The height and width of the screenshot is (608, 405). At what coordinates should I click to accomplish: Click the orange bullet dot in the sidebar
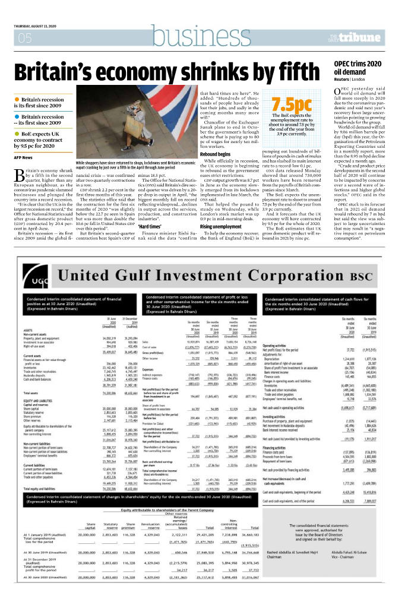click(x=17, y=100)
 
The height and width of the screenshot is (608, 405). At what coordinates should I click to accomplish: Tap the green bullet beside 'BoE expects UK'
click(x=17, y=134)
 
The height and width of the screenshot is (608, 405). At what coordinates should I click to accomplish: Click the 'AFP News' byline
click(x=24, y=157)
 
